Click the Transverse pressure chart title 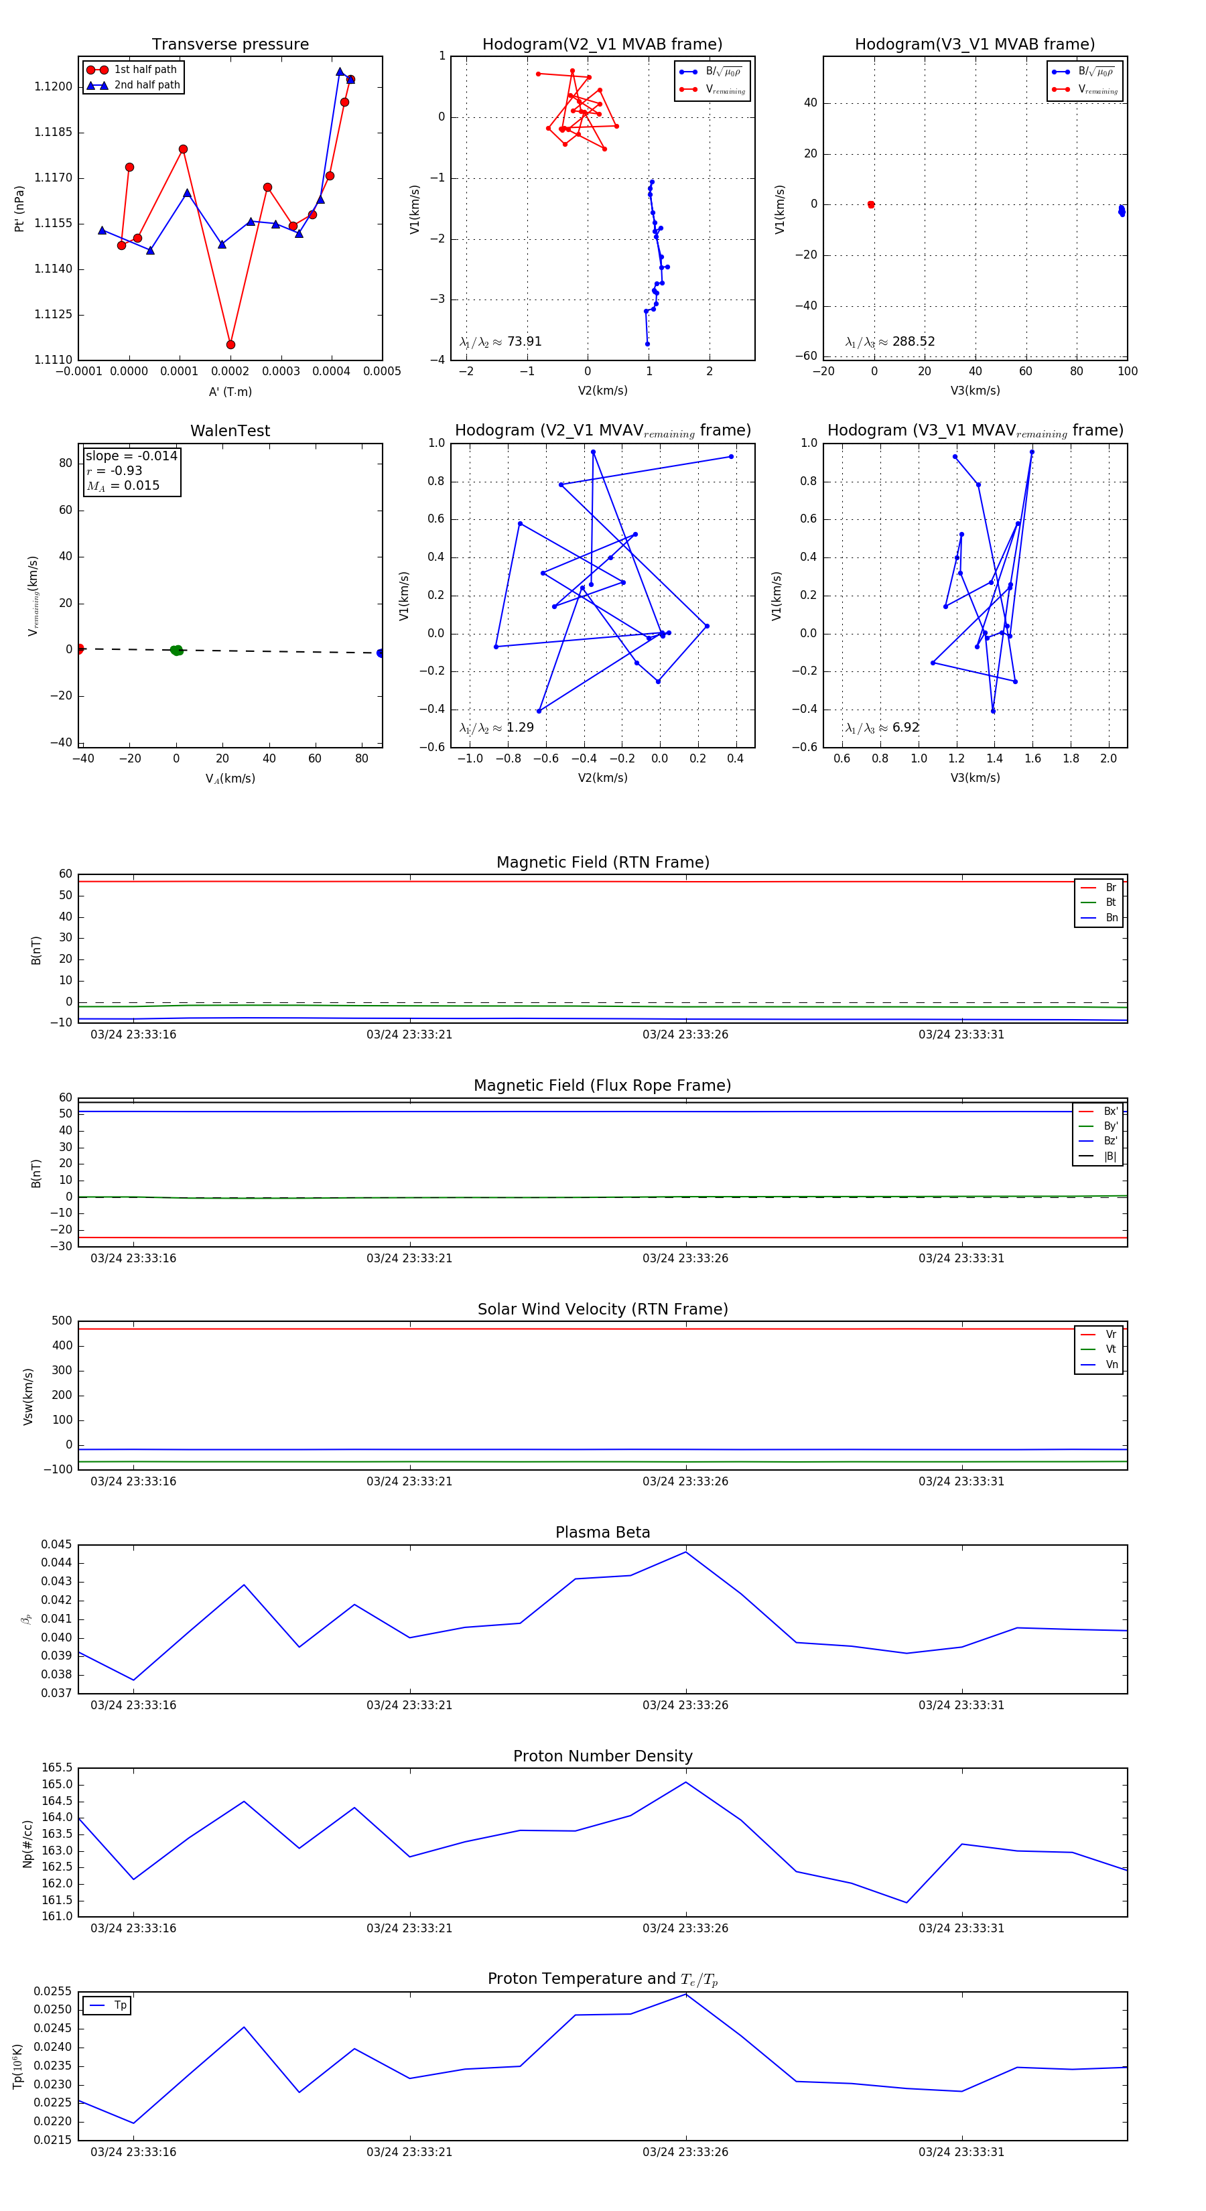230,45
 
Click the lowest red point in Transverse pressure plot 230,345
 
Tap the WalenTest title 230,431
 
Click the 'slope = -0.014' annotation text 131,456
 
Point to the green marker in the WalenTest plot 176,651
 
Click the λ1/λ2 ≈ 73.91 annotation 500,342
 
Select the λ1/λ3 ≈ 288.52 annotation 890,342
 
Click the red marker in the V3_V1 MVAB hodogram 870,204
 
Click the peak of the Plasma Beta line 685,1552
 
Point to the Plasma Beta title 602,1533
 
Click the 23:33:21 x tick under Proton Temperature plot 409,2152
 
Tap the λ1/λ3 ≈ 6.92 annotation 882,728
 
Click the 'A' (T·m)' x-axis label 230,391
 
